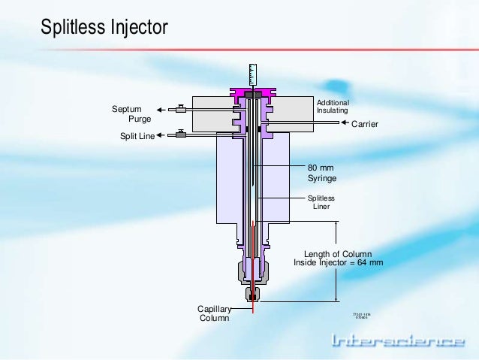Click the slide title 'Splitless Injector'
coord(104,28)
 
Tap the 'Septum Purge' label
coord(131,114)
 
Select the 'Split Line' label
coord(137,136)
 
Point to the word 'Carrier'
coord(365,123)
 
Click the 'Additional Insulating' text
coord(333,106)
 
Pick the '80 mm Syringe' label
coord(322,173)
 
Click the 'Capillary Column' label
coord(214,313)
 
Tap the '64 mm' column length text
coord(371,263)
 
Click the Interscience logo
coord(398,342)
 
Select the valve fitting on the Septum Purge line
coord(181,110)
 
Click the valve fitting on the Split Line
coord(181,135)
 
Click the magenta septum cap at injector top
coord(253,93)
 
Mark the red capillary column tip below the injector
coord(253,309)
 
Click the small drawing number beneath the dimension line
coord(362,316)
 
